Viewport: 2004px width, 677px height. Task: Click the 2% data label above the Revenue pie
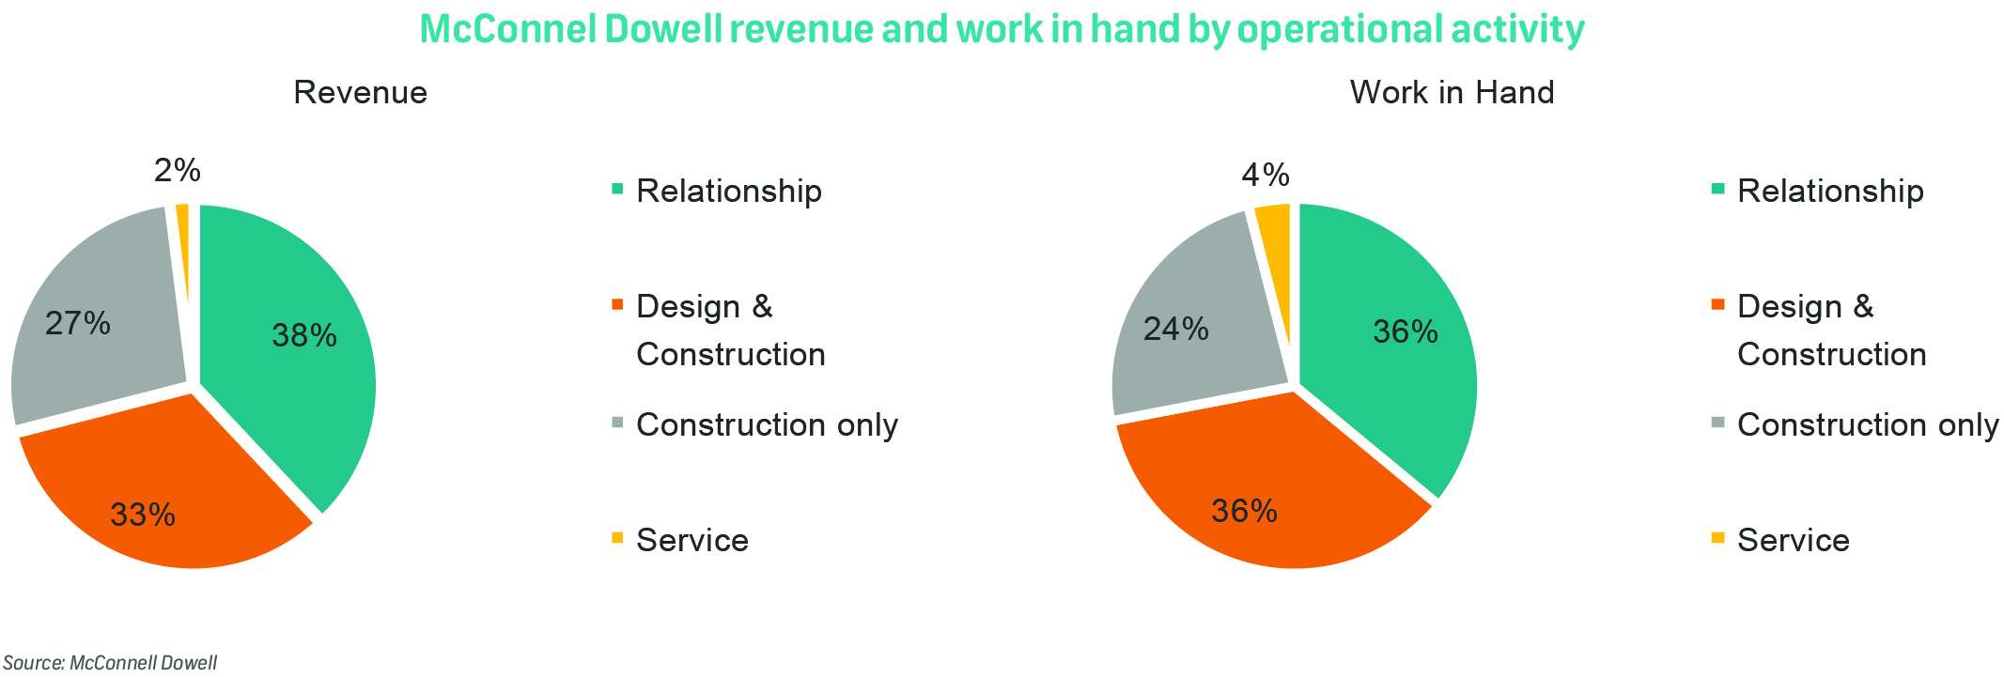(x=178, y=170)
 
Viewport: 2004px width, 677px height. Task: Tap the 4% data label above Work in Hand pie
(x=1265, y=175)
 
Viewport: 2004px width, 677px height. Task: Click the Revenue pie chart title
(x=360, y=92)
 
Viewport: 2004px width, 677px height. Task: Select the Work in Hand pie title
(x=1452, y=92)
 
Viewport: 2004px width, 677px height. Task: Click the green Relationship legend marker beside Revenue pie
(x=617, y=189)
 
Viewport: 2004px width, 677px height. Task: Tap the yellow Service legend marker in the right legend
(x=1718, y=538)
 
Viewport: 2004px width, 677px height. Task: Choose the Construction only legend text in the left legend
(x=767, y=424)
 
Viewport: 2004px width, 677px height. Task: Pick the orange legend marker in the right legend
(x=1718, y=304)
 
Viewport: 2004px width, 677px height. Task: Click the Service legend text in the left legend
(x=692, y=540)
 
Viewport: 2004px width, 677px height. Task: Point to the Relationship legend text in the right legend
(x=1830, y=191)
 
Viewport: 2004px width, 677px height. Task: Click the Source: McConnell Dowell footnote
(x=110, y=663)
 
